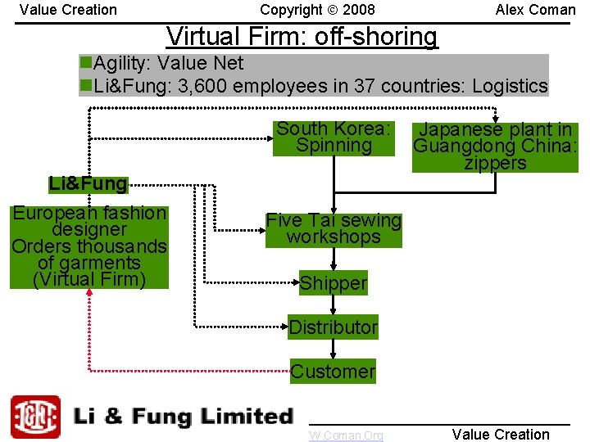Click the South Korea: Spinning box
point(334,138)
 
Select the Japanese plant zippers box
point(495,147)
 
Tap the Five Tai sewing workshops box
point(334,228)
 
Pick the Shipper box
point(333,283)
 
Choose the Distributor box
point(333,327)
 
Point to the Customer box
point(333,371)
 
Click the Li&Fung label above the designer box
point(88,183)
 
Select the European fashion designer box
point(88,246)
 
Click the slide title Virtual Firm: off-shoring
point(302,37)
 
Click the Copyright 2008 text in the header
point(317,10)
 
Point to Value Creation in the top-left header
point(68,10)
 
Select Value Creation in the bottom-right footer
point(501,434)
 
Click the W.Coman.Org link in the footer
point(346,435)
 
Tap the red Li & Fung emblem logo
point(35,417)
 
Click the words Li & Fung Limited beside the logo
point(183,417)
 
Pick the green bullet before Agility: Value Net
point(86,63)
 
